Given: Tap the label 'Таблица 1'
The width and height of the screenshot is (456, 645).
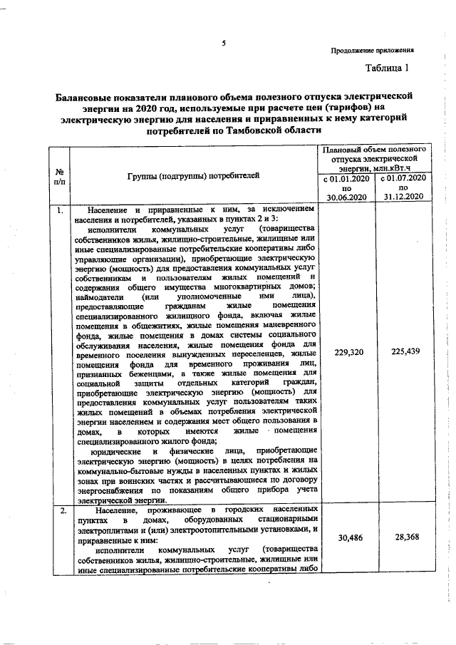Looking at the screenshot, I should coord(388,69).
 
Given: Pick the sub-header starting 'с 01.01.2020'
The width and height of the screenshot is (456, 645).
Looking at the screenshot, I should coord(347,187).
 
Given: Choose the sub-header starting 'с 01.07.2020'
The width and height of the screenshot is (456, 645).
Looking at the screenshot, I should coord(403,187).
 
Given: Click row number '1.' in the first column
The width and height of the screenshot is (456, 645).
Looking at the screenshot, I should coord(61,210).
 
